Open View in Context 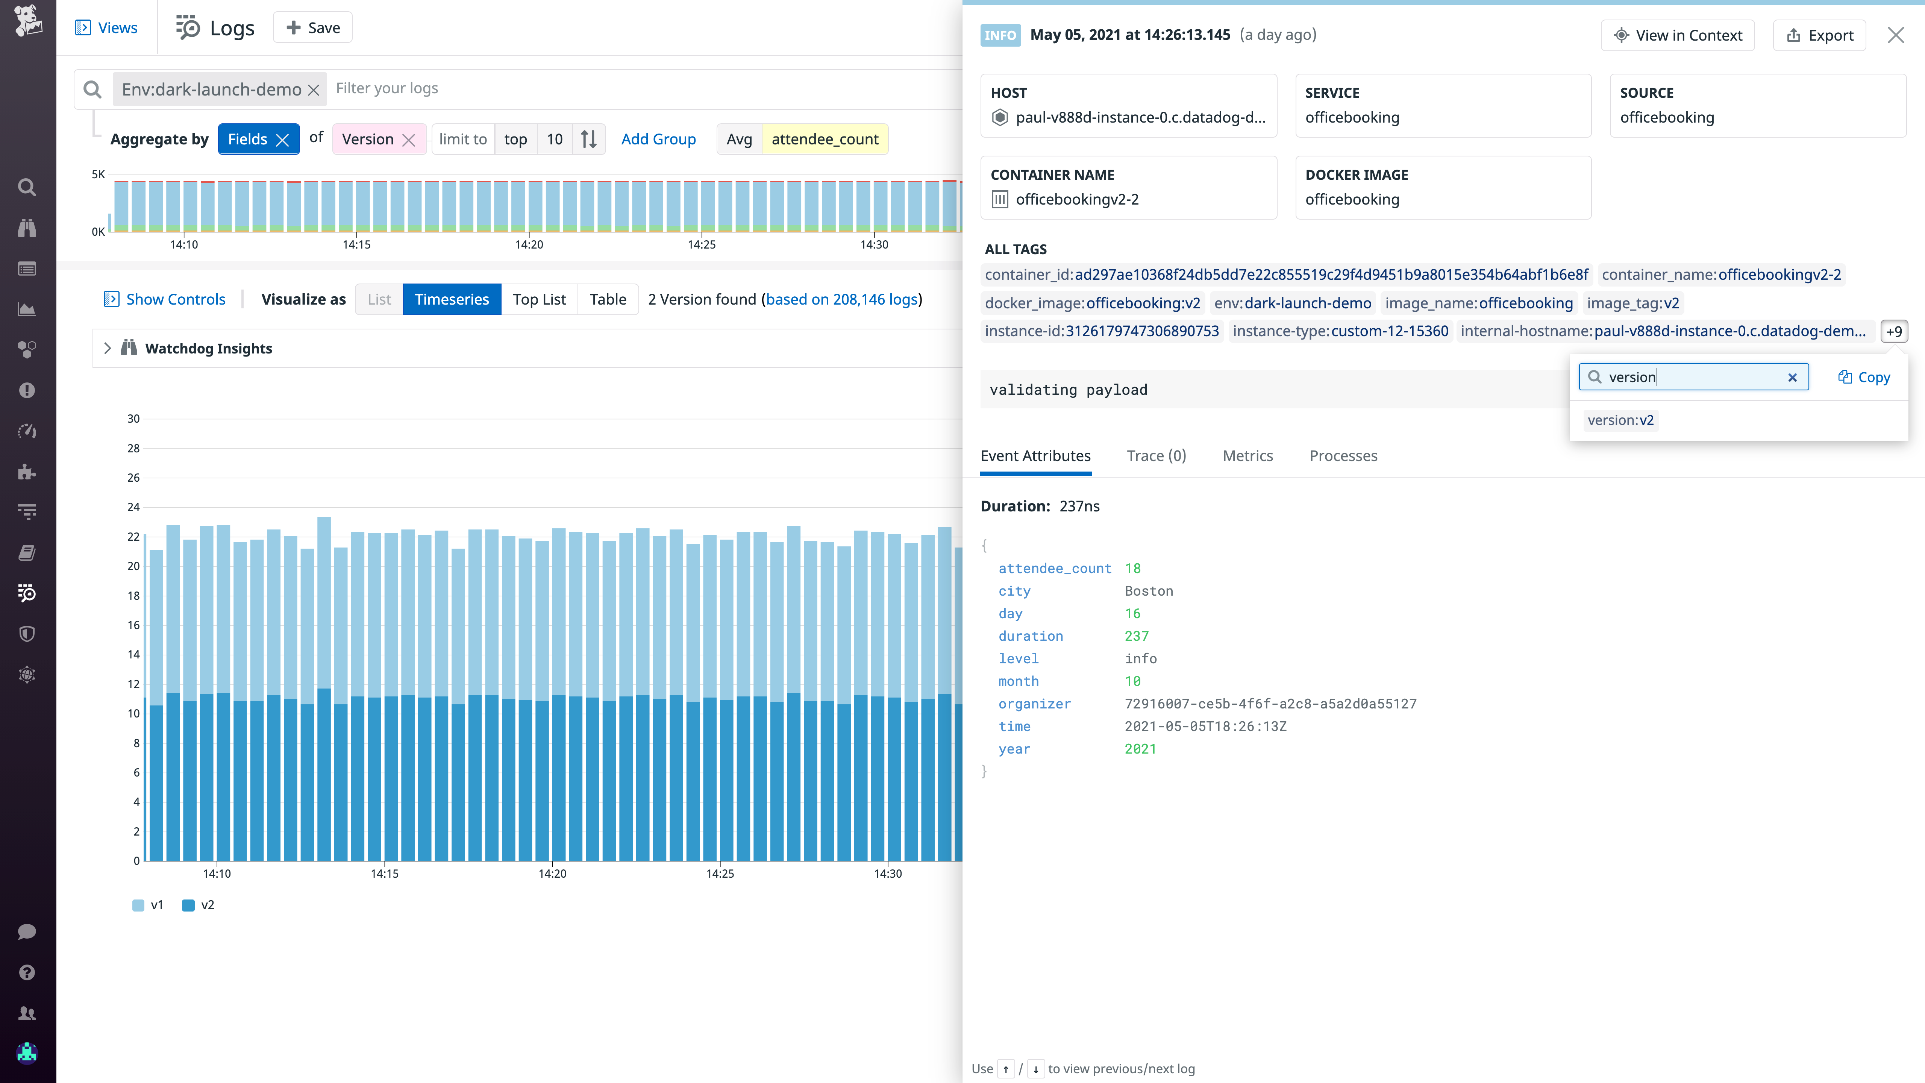tap(1678, 35)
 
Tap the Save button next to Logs tap(313, 28)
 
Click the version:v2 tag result tap(1620, 420)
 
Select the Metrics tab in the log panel tap(1247, 456)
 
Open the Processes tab tap(1343, 456)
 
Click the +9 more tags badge tap(1894, 331)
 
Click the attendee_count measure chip tap(825, 139)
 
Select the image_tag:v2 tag tap(1633, 303)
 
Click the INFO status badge tap(1000, 35)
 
